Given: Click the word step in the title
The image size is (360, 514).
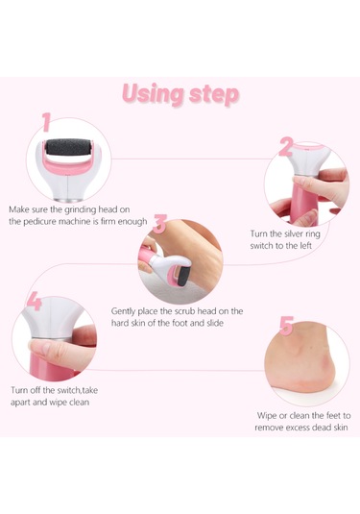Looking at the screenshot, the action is point(214,95).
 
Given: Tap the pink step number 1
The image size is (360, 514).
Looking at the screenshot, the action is point(46,122).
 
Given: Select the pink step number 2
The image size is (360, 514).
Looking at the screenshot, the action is point(285,147).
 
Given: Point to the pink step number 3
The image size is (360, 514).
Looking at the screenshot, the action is point(160,224).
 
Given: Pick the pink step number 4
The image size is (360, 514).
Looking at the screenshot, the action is point(35,301).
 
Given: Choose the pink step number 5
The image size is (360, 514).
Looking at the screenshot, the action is point(287,326).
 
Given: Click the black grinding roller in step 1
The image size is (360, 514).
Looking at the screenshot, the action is point(68,148).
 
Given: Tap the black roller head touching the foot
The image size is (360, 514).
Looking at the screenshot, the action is point(181,278).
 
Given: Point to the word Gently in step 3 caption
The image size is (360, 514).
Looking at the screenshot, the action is point(123,311).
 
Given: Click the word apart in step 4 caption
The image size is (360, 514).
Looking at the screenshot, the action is point(20,403).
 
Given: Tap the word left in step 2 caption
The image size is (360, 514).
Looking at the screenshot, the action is point(305,246).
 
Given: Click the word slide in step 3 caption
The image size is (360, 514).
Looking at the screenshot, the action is point(215,323).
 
